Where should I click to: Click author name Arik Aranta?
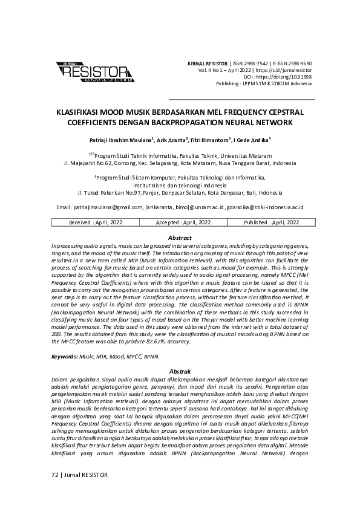coord(172,140)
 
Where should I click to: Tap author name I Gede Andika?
coord(250,140)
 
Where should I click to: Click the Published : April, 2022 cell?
coord(271,222)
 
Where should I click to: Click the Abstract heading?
coord(179,238)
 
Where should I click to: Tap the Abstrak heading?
coord(179,371)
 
